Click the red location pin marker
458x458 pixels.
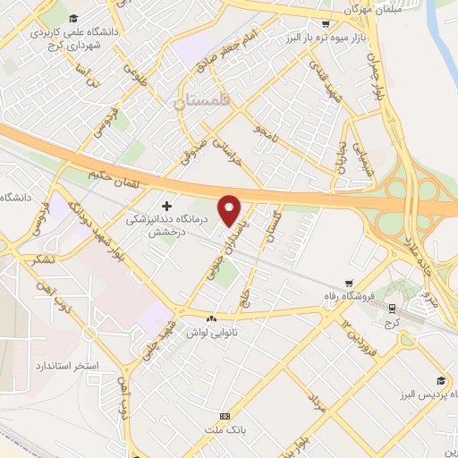click(231, 209)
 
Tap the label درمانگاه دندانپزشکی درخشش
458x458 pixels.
click(164, 225)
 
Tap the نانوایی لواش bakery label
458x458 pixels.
click(211, 332)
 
